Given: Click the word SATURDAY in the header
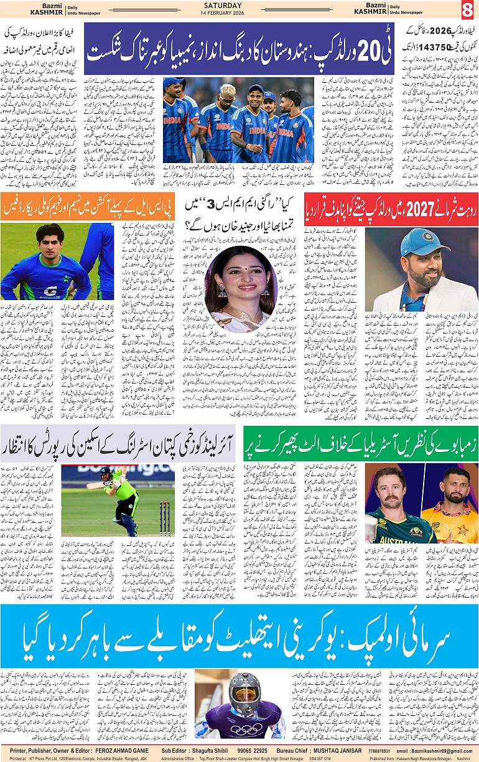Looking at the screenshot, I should click(240, 6).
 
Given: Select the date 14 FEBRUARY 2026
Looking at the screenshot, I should click(240, 14).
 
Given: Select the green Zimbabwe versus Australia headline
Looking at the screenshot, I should click(361, 444).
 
